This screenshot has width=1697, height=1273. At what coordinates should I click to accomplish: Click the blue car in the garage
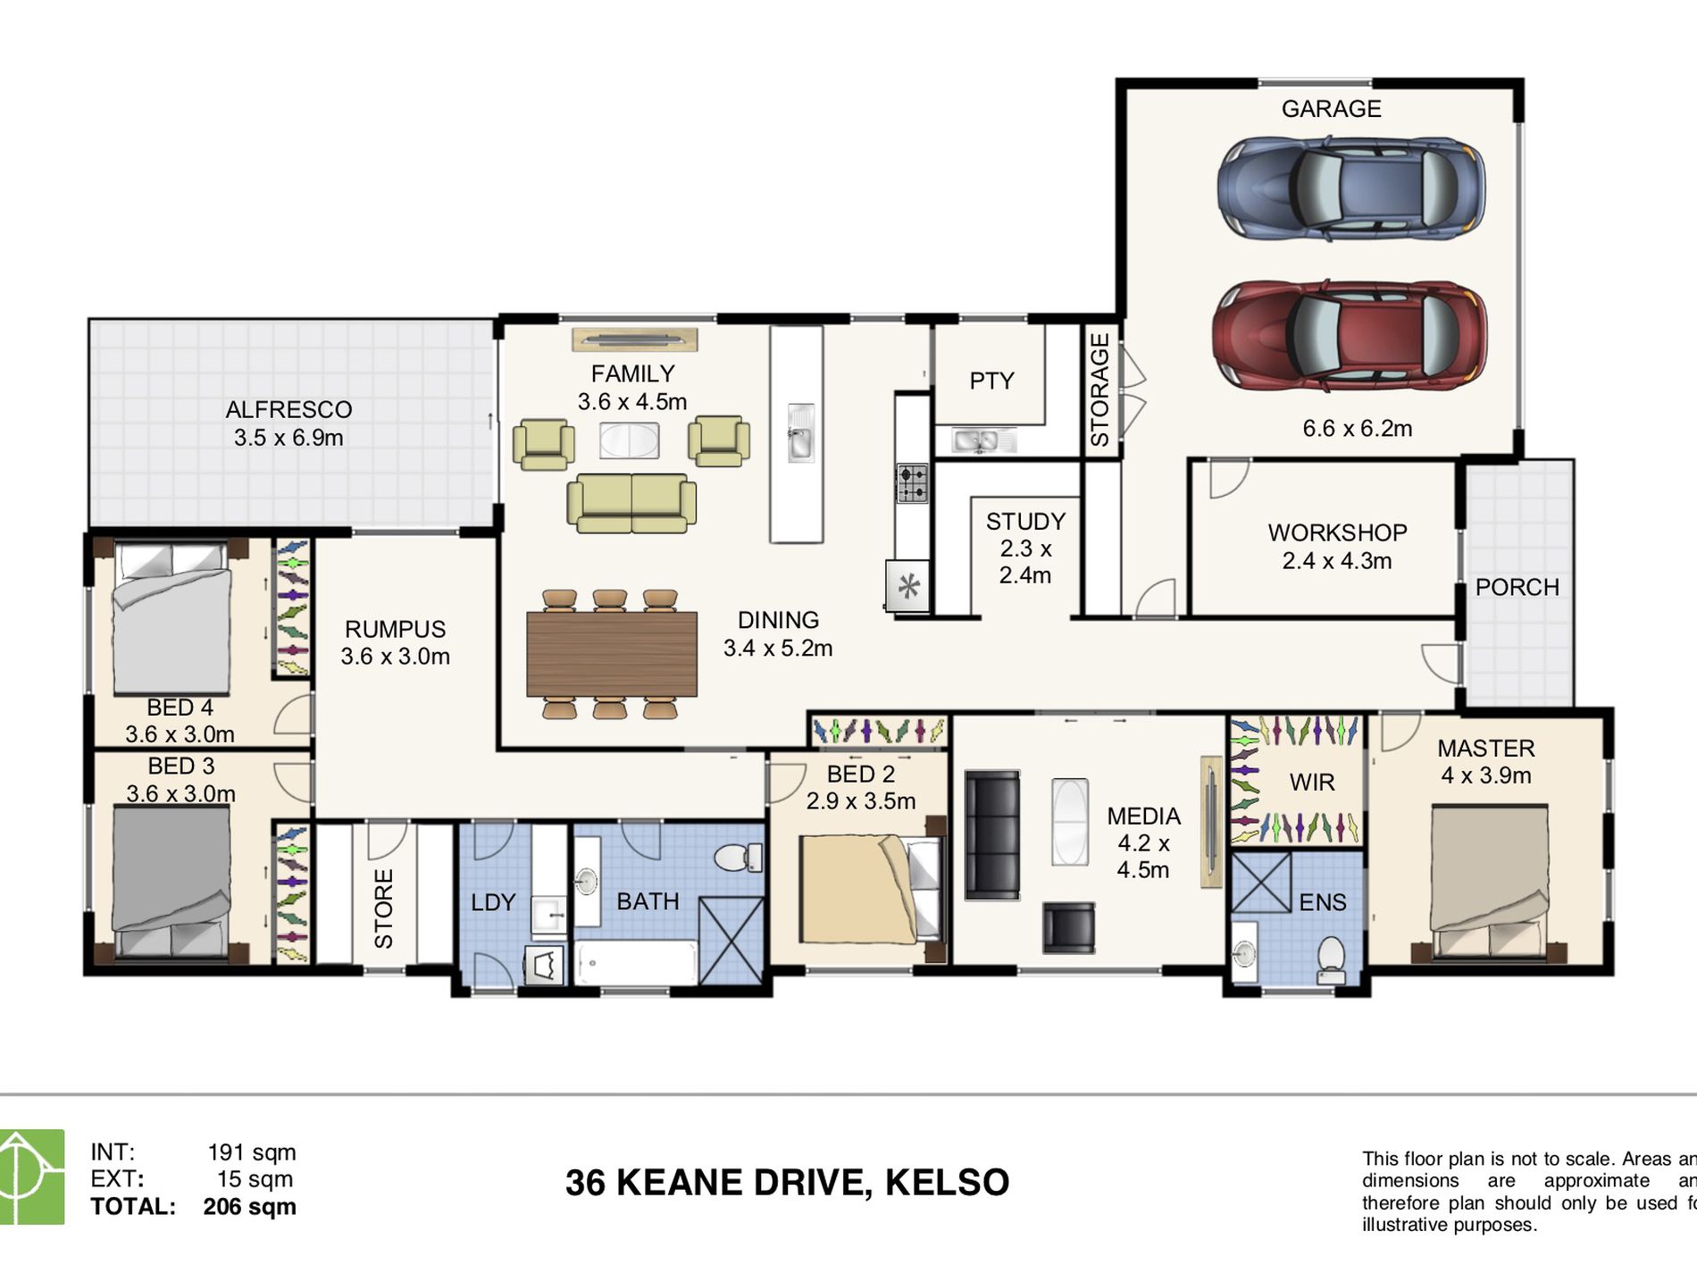pyautogui.click(x=1350, y=188)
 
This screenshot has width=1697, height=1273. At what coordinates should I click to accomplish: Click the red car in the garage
pyautogui.click(x=1349, y=335)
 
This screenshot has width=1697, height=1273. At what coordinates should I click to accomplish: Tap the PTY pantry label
pyautogui.click(x=991, y=381)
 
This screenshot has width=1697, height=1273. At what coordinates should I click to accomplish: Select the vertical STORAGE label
pyautogui.click(x=1100, y=389)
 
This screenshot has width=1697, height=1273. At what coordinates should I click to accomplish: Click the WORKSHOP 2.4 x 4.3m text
pyautogui.click(x=1337, y=547)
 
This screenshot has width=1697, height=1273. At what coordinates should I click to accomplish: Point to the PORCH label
pyautogui.click(x=1517, y=587)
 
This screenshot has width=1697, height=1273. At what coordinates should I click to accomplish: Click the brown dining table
pyautogui.click(x=611, y=653)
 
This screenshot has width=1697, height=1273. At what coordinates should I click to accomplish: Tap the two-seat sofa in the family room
pyautogui.click(x=631, y=502)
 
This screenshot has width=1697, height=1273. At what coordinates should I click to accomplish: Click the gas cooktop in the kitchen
pyautogui.click(x=912, y=482)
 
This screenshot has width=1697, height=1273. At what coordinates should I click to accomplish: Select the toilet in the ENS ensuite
pyautogui.click(x=1331, y=958)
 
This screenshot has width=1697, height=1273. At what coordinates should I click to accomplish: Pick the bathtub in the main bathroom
pyautogui.click(x=636, y=963)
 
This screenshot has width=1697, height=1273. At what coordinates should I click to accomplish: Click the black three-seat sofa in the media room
pyautogui.click(x=991, y=834)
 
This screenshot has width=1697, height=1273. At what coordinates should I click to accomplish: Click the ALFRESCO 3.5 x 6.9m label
pyautogui.click(x=288, y=423)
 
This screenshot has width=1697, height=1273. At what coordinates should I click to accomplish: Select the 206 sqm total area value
pyautogui.click(x=249, y=1207)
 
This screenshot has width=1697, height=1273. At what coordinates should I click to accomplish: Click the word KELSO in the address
pyautogui.click(x=947, y=1183)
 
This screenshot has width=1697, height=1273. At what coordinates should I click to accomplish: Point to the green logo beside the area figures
pyautogui.click(x=31, y=1176)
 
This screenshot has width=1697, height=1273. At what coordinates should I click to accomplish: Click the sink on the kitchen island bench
pyautogui.click(x=800, y=433)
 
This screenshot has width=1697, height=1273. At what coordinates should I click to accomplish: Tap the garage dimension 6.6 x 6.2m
pyautogui.click(x=1357, y=429)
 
